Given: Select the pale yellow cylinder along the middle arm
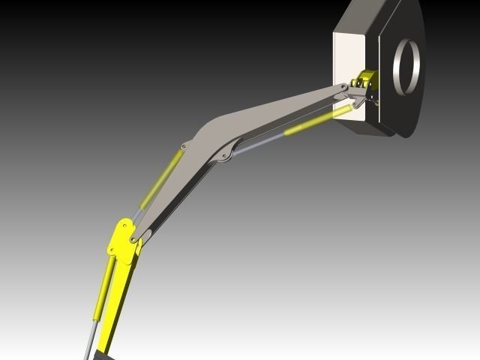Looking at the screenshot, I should tap(159, 181).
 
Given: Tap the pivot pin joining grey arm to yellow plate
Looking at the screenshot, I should tap(133, 239).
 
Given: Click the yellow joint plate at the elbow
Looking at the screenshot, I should tap(121, 240).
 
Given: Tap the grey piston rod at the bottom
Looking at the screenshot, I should tap(89, 341).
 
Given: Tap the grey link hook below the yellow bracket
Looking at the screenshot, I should tap(359, 97).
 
